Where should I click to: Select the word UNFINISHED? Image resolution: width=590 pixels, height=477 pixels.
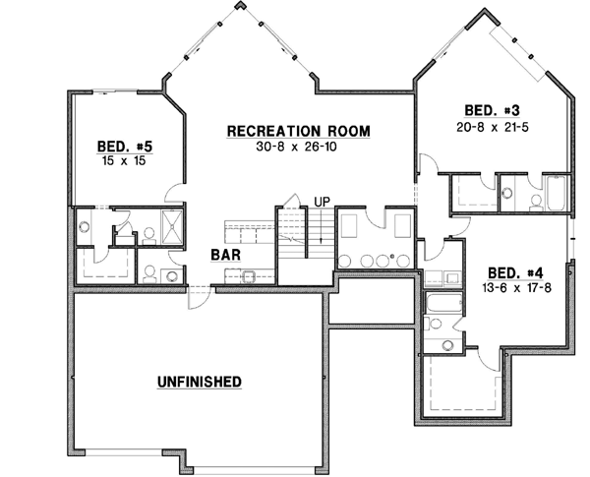200,380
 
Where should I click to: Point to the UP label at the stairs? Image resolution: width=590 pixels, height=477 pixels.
321,203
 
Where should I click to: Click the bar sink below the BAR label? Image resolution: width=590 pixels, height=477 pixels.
249,275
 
